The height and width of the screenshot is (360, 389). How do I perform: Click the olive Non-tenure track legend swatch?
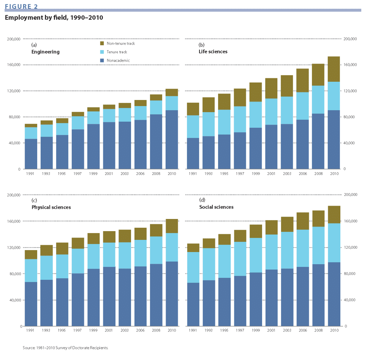pyautogui.click(x=102, y=43)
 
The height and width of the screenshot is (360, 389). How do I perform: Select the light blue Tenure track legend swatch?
pyautogui.click(x=102, y=52)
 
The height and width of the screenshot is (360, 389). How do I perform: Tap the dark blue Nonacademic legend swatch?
pyautogui.click(x=102, y=60)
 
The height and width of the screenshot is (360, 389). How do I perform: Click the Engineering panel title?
pyautogui.click(x=45, y=52)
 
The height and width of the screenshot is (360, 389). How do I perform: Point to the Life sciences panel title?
pyautogui.click(x=213, y=51)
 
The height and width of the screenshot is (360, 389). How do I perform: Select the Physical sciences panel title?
pyautogui.click(x=51, y=207)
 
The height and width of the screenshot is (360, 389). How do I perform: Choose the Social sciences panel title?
pyautogui.click(x=216, y=207)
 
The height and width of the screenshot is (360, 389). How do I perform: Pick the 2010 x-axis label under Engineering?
pyautogui.click(x=172, y=174)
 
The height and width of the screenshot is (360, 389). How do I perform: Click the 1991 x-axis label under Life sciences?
pyautogui.click(x=193, y=174)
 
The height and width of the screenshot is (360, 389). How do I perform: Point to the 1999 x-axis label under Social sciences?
pyautogui.click(x=255, y=331)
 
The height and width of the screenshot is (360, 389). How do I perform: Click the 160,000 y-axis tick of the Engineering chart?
pyautogui.click(x=14, y=65)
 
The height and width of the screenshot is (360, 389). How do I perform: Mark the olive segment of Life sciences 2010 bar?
pyautogui.click(x=334, y=69)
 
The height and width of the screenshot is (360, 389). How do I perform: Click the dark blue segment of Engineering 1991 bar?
pyautogui.click(x=31, y=154)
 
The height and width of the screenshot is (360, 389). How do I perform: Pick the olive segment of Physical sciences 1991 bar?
pyautogui.click(x=31, y=254)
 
